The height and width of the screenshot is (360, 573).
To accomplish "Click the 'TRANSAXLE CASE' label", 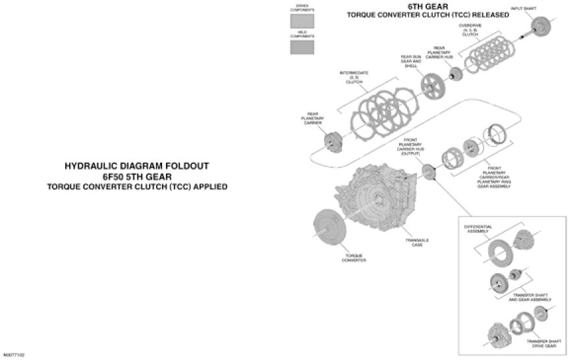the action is pyautogui.click(x=417, y=242).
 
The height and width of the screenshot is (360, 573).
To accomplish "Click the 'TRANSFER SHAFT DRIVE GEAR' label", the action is pyautogui.click(x=542, y=344).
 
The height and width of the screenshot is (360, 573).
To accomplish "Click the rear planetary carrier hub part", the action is pyautogui.click(x=455, y=74).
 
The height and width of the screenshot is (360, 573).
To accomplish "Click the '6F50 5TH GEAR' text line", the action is pyautogui.click(x=136, y=176).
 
